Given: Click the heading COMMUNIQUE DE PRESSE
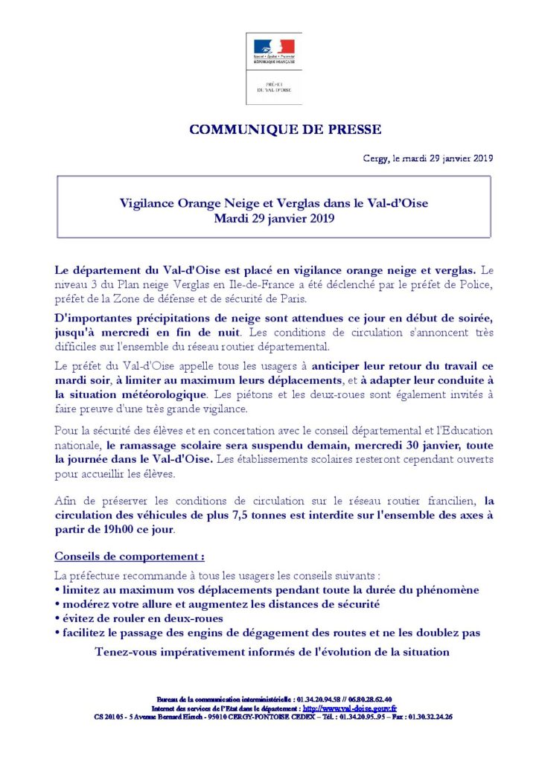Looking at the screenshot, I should click(285, 129).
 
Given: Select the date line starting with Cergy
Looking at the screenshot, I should click(422, 159).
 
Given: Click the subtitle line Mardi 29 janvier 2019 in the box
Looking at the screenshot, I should click(274, 219).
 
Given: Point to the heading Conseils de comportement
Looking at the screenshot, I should click(130, 557).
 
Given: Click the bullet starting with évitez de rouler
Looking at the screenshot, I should click(139, 618).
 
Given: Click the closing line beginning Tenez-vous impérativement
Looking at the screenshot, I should click(272, 652).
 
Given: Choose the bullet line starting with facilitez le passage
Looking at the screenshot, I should click(268, 633).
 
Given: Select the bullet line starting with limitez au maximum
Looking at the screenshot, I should click(267, 589).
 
